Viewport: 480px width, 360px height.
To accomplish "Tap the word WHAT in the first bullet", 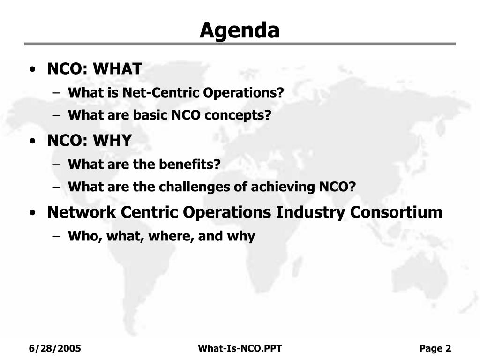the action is tap(118, 68).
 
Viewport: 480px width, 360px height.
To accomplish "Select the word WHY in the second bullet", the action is tap(112, 141).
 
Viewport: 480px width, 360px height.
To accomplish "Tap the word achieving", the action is tap(283, 187).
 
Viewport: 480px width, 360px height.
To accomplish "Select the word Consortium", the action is tap(396, 212).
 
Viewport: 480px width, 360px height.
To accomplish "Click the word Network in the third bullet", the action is tap(82, 212).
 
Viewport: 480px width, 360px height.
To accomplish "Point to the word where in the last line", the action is tap(171, 236).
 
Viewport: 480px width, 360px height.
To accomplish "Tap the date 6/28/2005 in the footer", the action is tap(55, 348).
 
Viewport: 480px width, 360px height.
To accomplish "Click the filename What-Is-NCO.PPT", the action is tap(240, 348).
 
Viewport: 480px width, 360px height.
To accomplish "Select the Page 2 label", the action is tap(435, 348).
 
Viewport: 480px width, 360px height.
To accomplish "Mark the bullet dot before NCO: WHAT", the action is tap(32, 69).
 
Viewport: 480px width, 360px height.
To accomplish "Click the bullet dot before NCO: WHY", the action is tap(32, 142).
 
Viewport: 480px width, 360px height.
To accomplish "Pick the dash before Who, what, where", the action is tap(56, 236).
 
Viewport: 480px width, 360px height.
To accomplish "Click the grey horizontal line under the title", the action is tap(240, 44).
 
